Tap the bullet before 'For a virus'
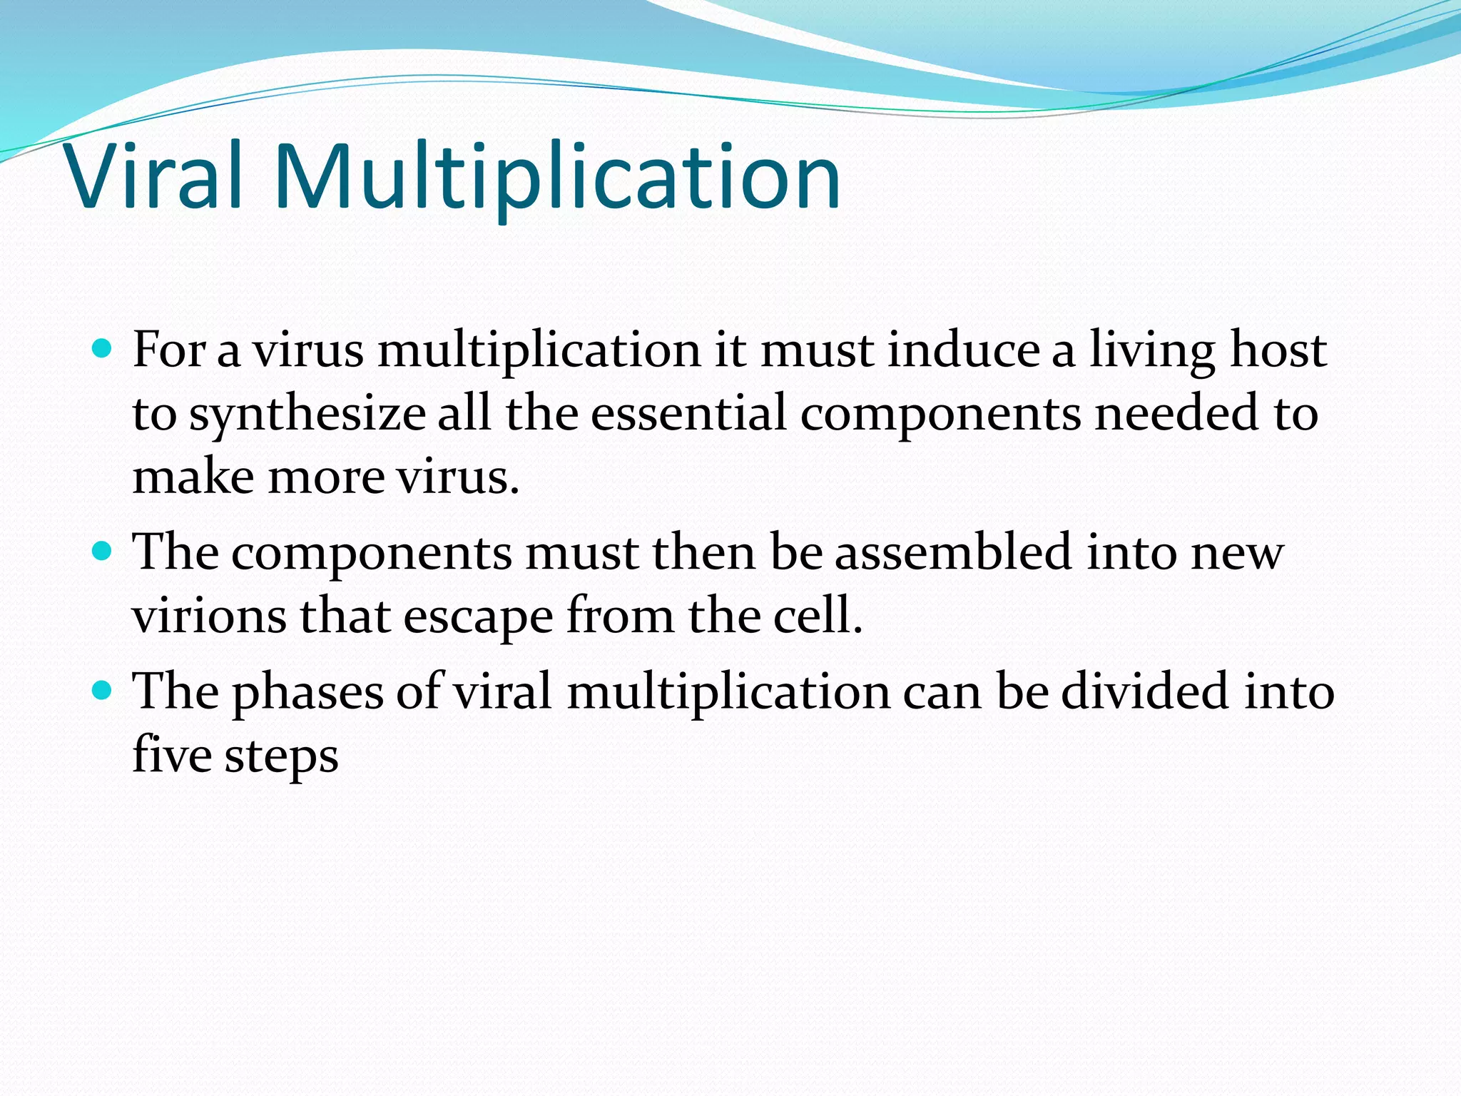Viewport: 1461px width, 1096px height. point(103,349)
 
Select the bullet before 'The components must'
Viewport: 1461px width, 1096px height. point(103,552)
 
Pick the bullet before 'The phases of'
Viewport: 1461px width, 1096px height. point(103,690)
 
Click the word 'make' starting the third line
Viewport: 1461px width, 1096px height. point(193,477)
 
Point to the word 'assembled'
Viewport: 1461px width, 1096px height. point(953,552)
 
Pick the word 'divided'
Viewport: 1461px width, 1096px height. point(1145,691)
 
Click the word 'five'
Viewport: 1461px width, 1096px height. point(172,754)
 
